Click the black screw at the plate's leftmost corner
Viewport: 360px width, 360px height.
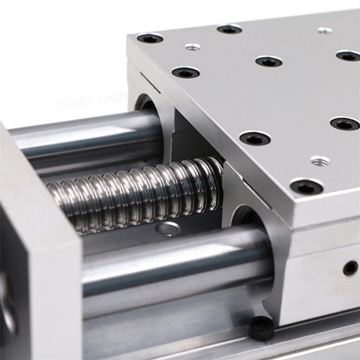[x=149, y=38]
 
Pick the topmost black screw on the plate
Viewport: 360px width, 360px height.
[x=229, y=29]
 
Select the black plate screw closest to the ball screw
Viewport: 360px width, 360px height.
[x=254, y=138]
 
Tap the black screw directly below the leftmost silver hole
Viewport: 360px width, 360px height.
[x=185, y=73]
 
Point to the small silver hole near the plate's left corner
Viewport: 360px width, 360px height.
[x=193, y=47]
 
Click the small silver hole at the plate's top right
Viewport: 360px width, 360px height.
[x=325, y=31]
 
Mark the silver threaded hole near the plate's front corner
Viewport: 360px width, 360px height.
[x=319, y=160]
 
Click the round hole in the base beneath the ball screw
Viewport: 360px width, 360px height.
[x=168, y=229]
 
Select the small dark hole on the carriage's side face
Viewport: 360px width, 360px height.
[x=349, y=268]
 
